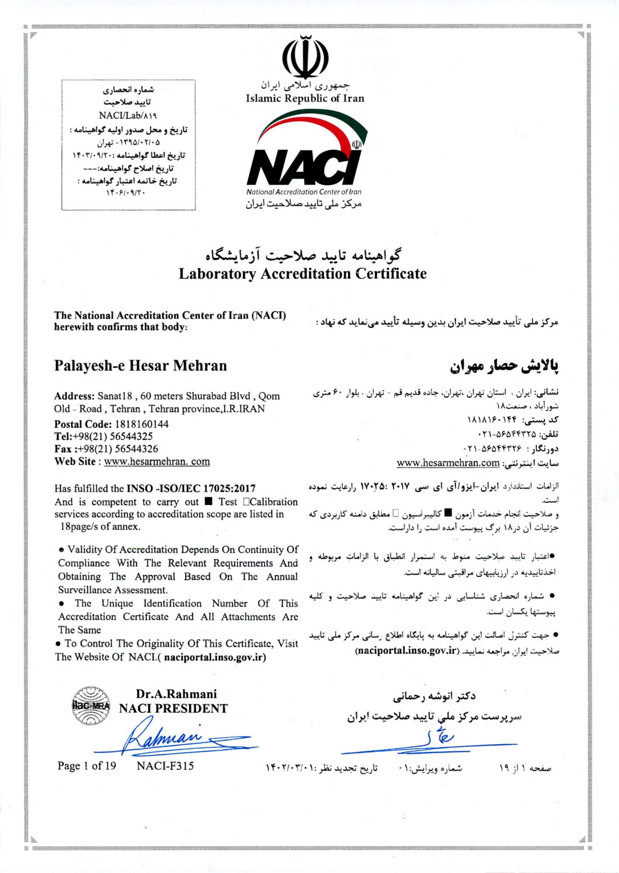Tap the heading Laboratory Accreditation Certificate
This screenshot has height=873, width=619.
(x=303, y=274)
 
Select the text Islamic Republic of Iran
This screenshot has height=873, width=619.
(x=305, y=99)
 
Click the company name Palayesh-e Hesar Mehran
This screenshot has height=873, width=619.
(x=140, y=366)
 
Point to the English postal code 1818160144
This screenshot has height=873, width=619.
(x=141, y=424)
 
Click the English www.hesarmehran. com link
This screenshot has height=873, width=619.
(x=157, y=461)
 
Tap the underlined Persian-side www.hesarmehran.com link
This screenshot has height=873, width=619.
(x=448, y=463)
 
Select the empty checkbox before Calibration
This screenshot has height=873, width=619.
(x=246, y=502)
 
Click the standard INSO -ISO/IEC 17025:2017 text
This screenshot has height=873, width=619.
(x=191, y=488)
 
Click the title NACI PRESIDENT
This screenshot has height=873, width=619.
(x=173, y=709)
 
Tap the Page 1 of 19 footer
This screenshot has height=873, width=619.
(x=87, y=766)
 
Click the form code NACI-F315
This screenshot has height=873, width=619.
(x=165, y=766)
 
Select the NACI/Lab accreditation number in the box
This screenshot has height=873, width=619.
(x=129, y=115)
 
